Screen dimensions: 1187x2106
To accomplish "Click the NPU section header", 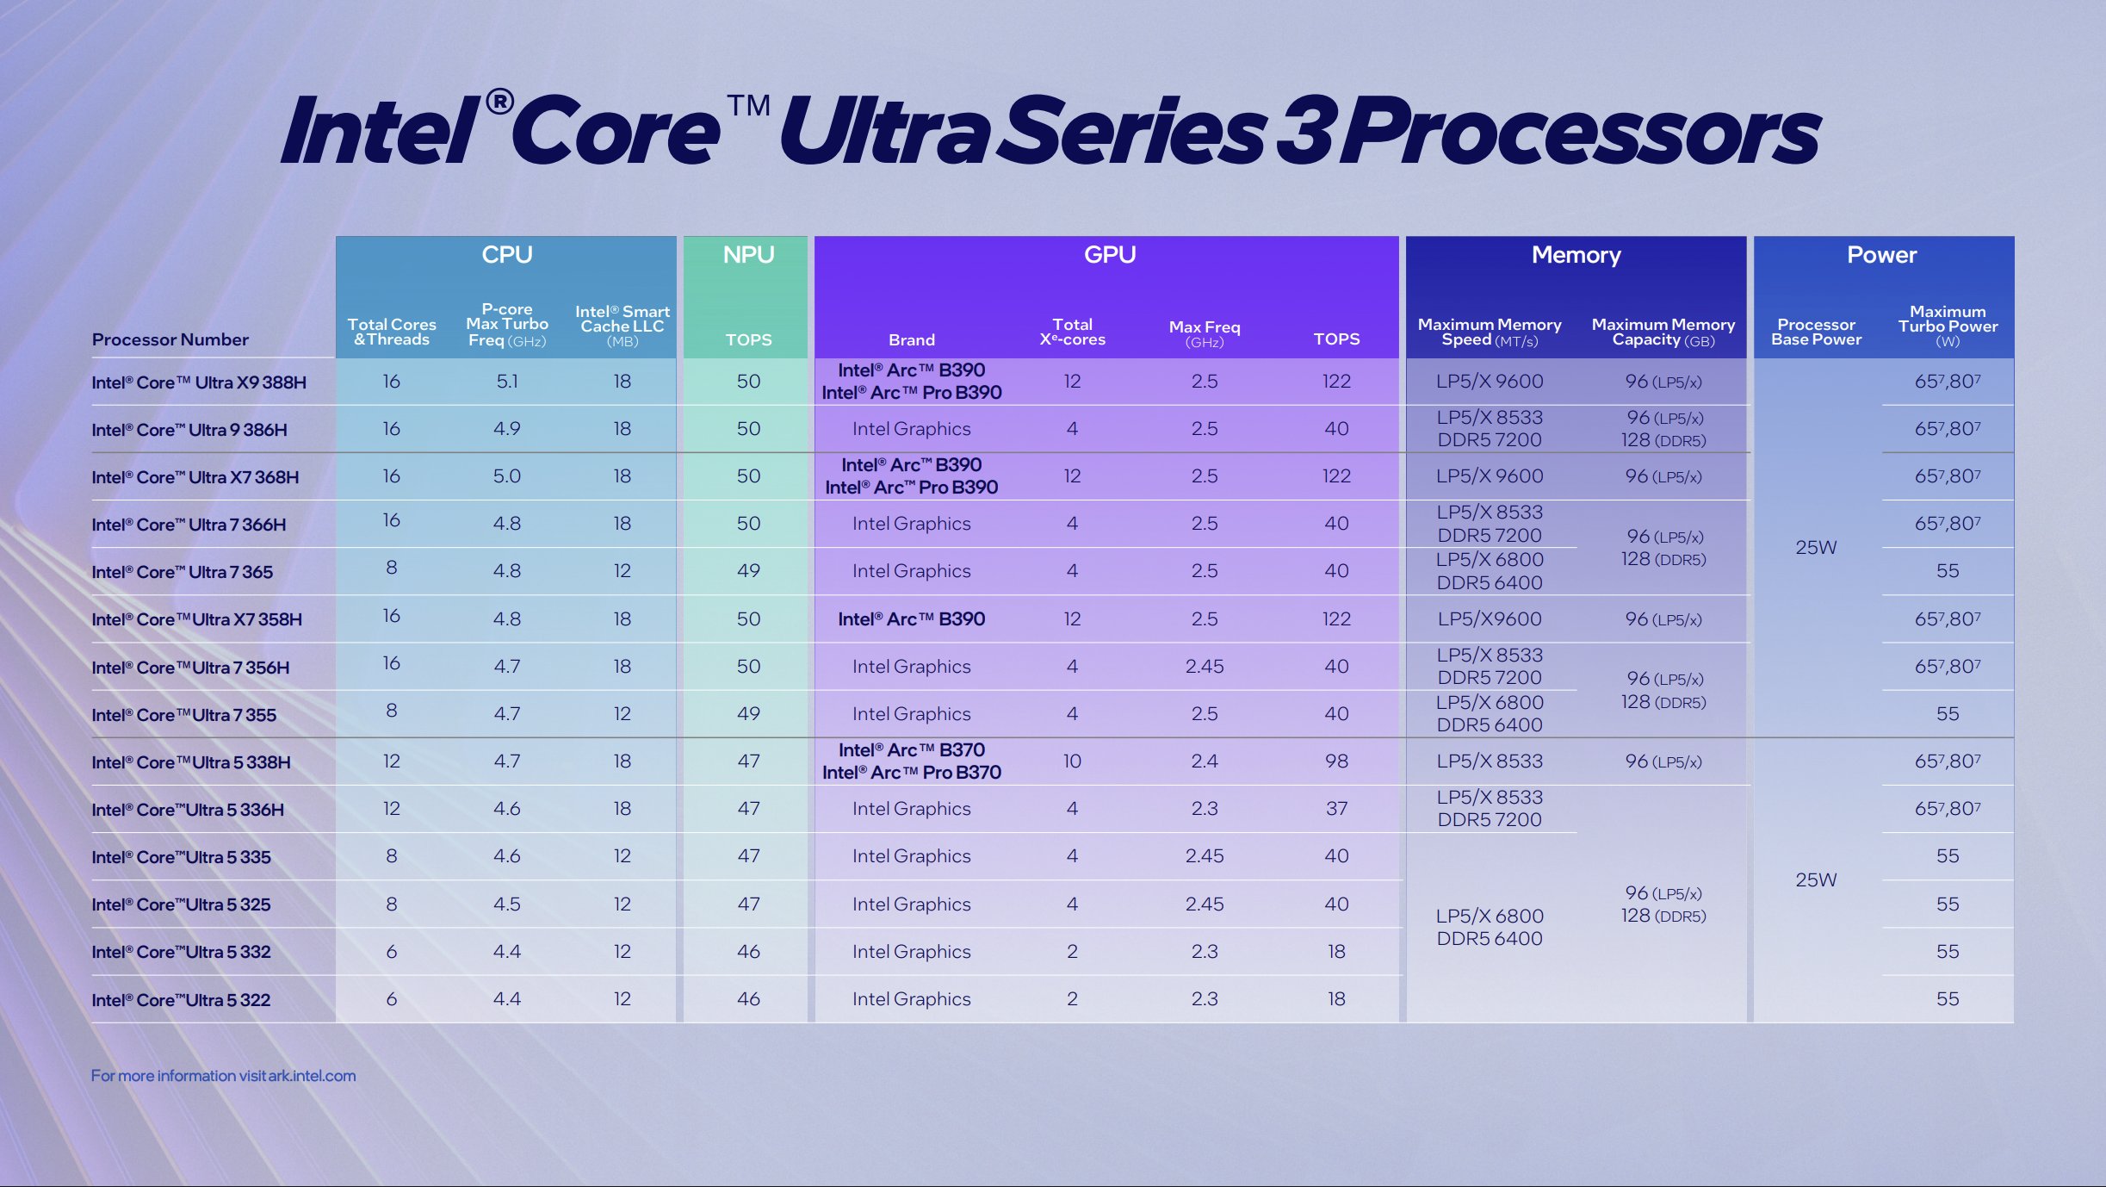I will [748, 255].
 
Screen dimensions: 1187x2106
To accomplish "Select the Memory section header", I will [1576, 255].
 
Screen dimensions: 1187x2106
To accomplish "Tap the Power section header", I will [1881, 255].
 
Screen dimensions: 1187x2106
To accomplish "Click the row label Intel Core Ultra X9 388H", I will [199, 382].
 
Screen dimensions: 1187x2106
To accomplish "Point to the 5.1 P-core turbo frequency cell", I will [506, 382].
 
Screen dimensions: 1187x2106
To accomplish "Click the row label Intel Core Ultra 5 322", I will [181, 1000].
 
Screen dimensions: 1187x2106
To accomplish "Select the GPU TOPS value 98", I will [1336, 761].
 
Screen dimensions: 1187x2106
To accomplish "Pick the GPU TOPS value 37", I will [1336, 809].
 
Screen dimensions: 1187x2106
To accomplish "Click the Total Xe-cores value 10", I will [1072, 761].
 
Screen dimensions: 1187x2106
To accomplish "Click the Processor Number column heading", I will [170, 339].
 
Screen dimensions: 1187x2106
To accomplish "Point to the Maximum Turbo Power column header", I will [1948, 326].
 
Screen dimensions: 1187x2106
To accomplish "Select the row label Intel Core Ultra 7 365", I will [183, 572].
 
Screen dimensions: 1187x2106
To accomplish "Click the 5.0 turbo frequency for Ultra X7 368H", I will [506, 476].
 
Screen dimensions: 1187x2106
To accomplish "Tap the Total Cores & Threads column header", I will [392, 332].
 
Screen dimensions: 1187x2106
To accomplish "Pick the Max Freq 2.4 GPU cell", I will [1204, 761].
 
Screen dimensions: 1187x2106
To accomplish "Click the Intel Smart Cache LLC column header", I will [622, 326].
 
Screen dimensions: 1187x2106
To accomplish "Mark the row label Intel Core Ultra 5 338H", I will [191, 762].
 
